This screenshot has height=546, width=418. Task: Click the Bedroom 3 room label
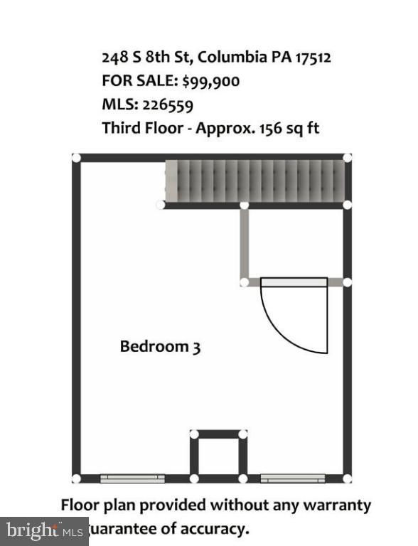click(160, 347)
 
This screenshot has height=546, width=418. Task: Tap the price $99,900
click(210, 81)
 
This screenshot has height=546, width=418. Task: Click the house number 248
click(115, 57)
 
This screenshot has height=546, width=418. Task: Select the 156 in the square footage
click(267, 129)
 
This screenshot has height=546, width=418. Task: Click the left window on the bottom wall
click(132, 478)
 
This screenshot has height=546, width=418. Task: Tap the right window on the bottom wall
click(292, 478)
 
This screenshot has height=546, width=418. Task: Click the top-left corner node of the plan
click(76, 158)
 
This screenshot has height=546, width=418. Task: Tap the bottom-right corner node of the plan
click(347, 478)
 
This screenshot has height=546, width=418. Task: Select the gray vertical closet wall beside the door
click(244, 244)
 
